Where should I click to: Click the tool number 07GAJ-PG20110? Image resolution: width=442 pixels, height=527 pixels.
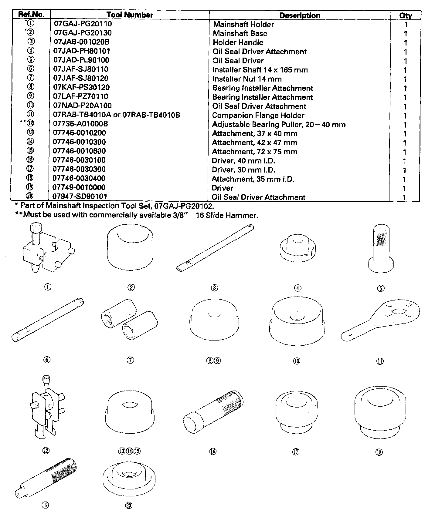click(x=83, y=24)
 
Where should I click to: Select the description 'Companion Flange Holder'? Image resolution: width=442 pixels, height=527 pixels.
click(x=258, y=116)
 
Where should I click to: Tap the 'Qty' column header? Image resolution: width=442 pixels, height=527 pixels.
click(x=405, y=15)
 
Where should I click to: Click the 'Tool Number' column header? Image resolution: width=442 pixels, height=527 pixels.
click(x=130, y=15)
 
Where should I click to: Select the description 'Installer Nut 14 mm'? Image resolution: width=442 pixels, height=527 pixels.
click(x=247, y=79)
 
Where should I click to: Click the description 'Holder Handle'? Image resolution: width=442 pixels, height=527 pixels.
click(x=238, y=43)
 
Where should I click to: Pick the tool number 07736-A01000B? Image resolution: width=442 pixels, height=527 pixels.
click(x=80, y=124)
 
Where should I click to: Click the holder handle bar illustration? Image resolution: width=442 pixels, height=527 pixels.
click(x=215, y=248)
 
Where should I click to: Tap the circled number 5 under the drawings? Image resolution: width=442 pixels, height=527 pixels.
click(x=381, y=288)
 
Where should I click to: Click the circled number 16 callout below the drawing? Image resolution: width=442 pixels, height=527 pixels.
click(x=213, y=451)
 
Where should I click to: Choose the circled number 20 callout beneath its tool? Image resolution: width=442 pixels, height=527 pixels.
click(x=129, y=505)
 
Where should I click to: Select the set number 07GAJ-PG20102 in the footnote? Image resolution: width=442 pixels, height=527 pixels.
click(x=184, y=206)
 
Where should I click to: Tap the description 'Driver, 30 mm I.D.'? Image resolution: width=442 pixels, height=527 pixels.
click(x=243, y=170)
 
